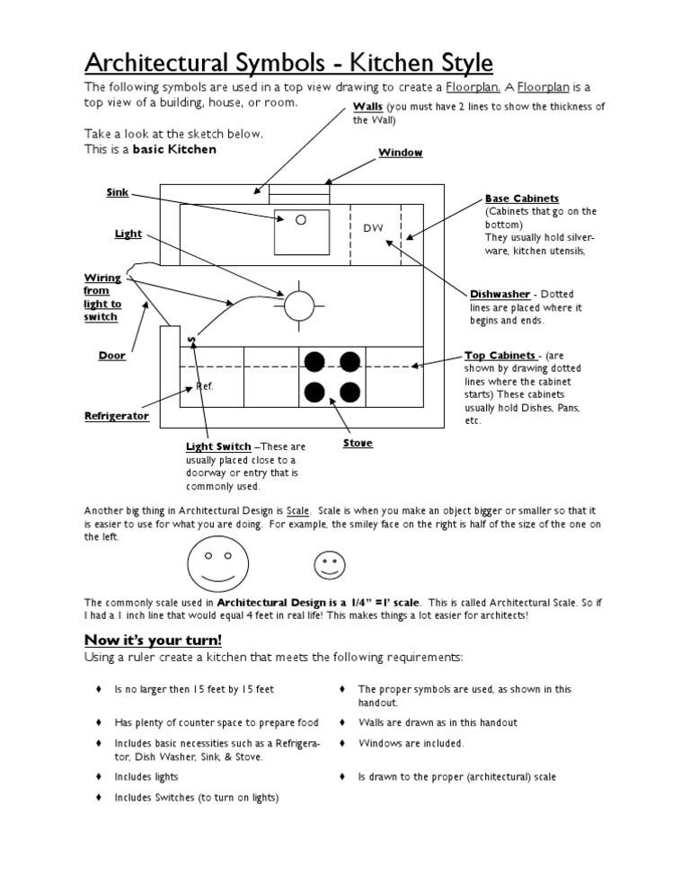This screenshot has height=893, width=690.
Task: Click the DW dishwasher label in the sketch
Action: click(373, 228)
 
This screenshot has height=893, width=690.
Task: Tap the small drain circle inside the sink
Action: click(301, 218)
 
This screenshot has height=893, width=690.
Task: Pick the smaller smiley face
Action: click(328, 564)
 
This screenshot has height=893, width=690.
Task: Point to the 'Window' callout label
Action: click(400, 153)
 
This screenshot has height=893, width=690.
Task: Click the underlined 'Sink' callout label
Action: click(119, 191)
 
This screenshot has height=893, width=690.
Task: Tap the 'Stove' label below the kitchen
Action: click(358, 443)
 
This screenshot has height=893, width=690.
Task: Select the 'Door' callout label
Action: click(111, 356)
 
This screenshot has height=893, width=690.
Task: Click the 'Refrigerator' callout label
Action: click(116, 416)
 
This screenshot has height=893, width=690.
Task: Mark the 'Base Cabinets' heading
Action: click(522, 199)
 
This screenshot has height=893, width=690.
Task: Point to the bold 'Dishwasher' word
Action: click(500, 294)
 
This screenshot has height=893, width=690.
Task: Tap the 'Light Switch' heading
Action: click(218, 446)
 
